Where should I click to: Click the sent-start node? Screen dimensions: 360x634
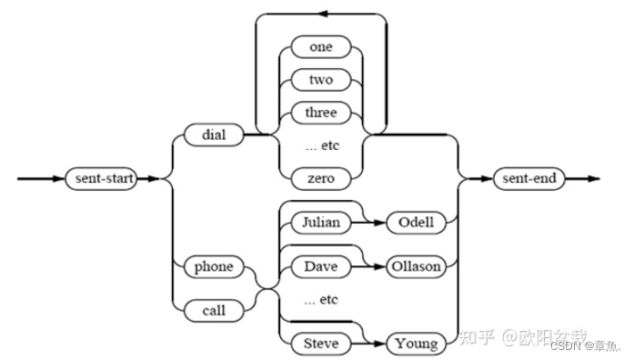click(101, 178)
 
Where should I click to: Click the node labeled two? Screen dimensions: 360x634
click(321, 81)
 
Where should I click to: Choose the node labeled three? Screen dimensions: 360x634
click(321, 112)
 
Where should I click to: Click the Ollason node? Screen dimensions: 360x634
click(417, 267)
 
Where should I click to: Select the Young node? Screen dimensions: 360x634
click(416, 344)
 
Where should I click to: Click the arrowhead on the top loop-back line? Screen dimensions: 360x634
click(322, 14)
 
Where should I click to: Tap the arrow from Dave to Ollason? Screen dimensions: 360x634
click(367, 267)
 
